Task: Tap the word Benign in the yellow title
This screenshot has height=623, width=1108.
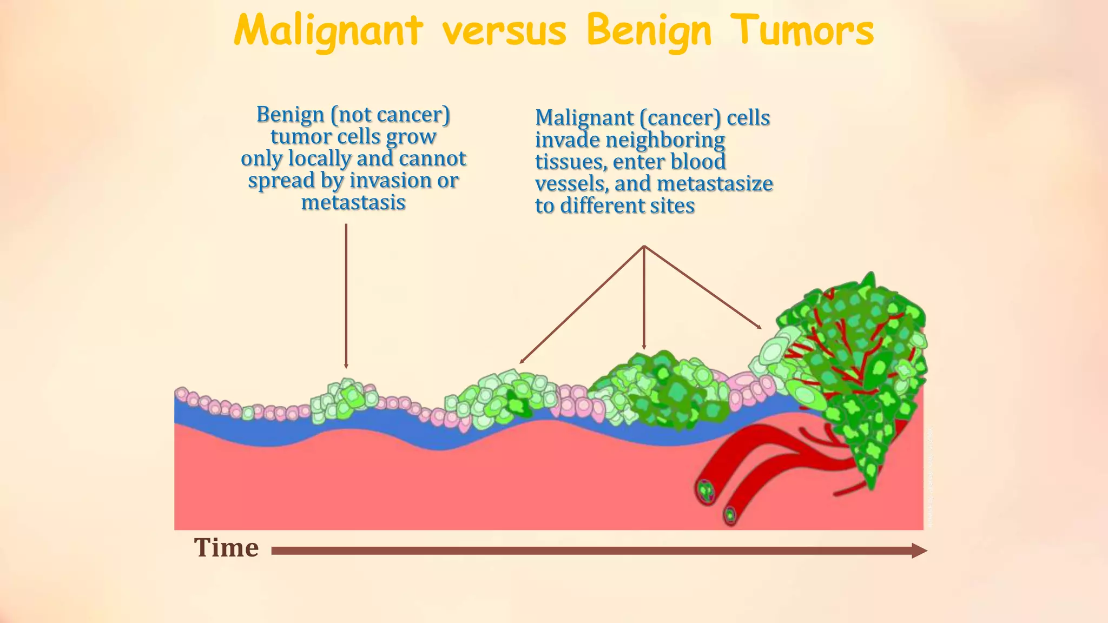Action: [x=649, y=31]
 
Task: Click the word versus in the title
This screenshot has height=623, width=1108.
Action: [x=504, y=31]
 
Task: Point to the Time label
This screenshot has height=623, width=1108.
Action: [x=226, y=548]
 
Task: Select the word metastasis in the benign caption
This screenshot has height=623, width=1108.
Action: [x=353, y=203]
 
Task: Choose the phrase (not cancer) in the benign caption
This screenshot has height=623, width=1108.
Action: [x=391, y=115]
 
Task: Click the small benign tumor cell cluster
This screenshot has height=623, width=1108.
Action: [x=345, y=400]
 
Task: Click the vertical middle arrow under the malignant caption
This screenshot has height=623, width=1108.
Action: [x=644, y=297]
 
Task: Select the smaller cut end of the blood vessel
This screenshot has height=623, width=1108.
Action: [x=731, y=514]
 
